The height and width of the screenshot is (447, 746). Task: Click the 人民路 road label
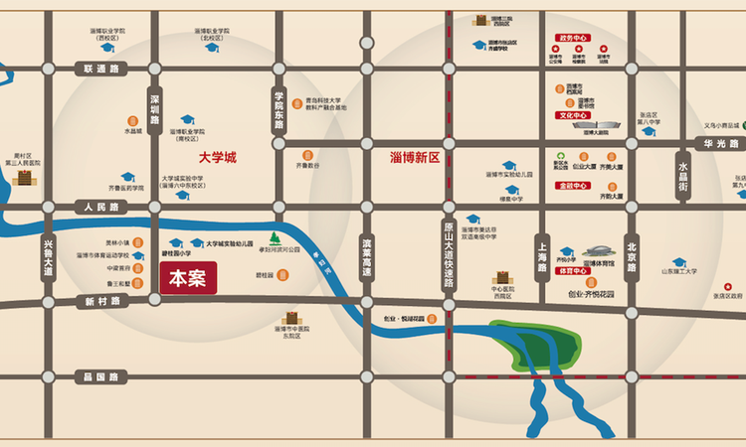[100, 207]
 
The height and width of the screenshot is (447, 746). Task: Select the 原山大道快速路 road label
[449, 254]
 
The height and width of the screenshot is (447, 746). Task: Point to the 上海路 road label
[542, 260]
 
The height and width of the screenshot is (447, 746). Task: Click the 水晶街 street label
[683, 174]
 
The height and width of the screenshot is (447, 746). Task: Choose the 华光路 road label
[718, 143]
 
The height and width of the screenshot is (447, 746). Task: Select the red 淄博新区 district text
[415, 157]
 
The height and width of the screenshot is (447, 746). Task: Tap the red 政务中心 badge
[574, 38]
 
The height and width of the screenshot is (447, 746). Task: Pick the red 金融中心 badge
[574, 185]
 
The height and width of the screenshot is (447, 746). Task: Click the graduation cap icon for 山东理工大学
[679, 262]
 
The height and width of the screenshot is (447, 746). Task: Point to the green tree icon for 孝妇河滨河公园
[275, 238]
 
